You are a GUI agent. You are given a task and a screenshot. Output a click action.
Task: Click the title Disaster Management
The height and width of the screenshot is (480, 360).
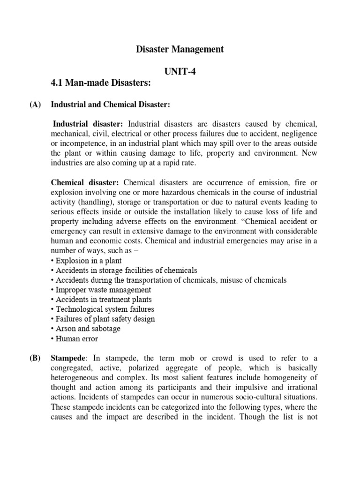click(x=180, y=49)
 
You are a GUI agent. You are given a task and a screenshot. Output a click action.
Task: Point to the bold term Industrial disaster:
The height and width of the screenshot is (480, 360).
click(x=88, y=124)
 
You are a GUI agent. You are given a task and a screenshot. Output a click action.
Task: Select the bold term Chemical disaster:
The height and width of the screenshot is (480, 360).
click(x=85, y=183)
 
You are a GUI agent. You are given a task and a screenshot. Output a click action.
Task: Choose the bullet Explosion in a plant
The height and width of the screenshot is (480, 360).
click(x=88, y=261)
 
